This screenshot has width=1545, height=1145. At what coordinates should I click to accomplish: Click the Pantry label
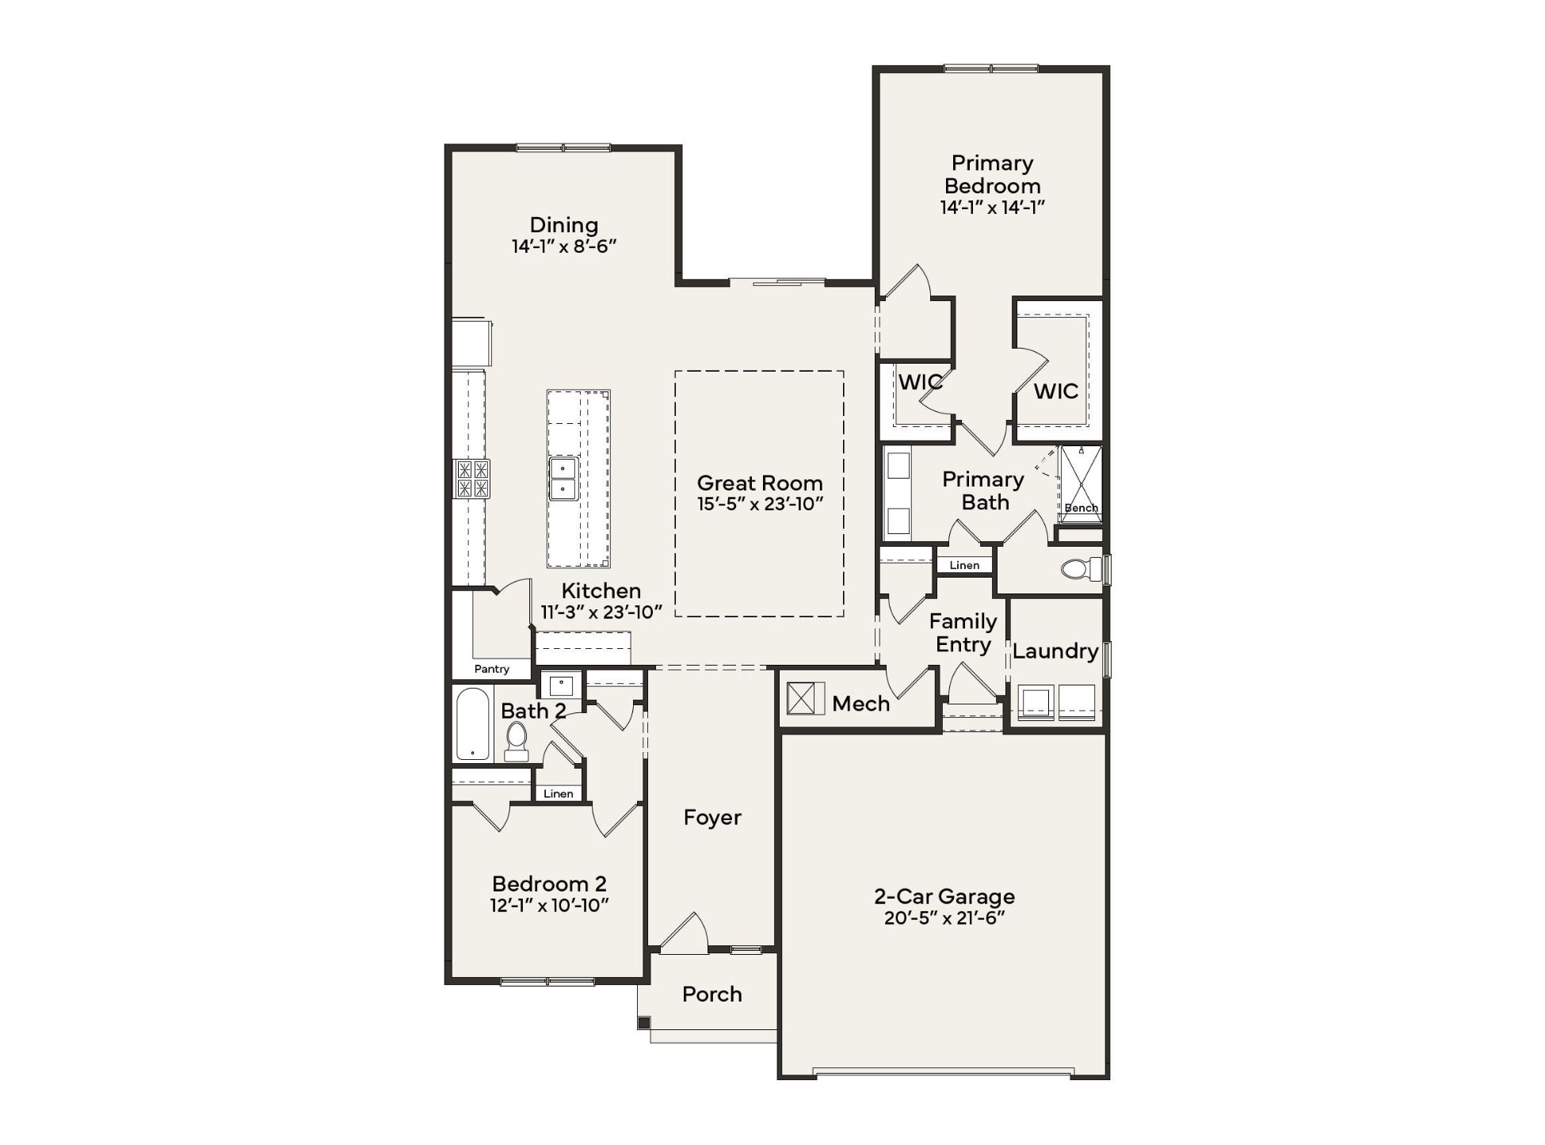point(491,669)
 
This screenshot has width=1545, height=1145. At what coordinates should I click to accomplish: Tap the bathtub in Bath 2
point(473,723)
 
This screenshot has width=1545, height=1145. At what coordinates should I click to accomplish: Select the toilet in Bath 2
point(517,742)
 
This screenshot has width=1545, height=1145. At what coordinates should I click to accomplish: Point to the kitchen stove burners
point(471,479)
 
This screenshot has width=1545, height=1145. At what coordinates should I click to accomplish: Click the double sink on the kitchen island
point(563,478)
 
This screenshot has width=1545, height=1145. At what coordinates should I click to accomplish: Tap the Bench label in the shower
point(1081,508)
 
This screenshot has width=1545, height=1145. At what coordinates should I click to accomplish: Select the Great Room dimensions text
point(760,504)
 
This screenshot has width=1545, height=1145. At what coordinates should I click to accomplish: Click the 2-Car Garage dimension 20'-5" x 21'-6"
point(944,918)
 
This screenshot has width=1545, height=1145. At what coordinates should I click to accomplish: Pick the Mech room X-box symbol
point(806,699)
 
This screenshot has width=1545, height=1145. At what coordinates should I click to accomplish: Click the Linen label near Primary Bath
point(964,565)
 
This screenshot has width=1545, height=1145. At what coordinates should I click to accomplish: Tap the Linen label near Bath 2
point(559,793)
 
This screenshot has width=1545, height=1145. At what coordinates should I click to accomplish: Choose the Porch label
point(712,994)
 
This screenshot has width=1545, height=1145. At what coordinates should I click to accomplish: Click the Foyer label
point(712,818)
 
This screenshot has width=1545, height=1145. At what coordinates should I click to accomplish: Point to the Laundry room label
point(1055,651)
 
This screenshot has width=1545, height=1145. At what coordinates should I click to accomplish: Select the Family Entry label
point(963,633)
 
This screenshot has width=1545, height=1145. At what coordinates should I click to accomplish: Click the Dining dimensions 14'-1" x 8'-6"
point(564,246)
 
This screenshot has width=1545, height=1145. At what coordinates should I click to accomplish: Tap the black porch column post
point(643,1023)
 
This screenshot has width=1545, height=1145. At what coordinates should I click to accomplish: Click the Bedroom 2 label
point(549,884)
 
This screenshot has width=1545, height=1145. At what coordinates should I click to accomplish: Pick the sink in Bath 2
point(562,685)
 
